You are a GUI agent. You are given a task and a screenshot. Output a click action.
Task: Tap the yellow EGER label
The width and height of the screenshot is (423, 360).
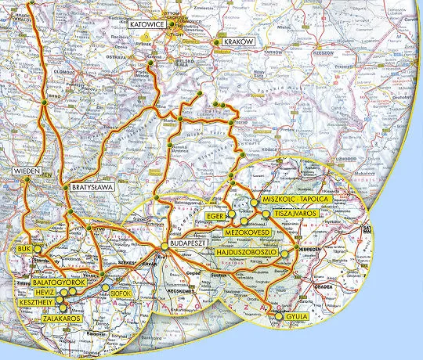216,214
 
